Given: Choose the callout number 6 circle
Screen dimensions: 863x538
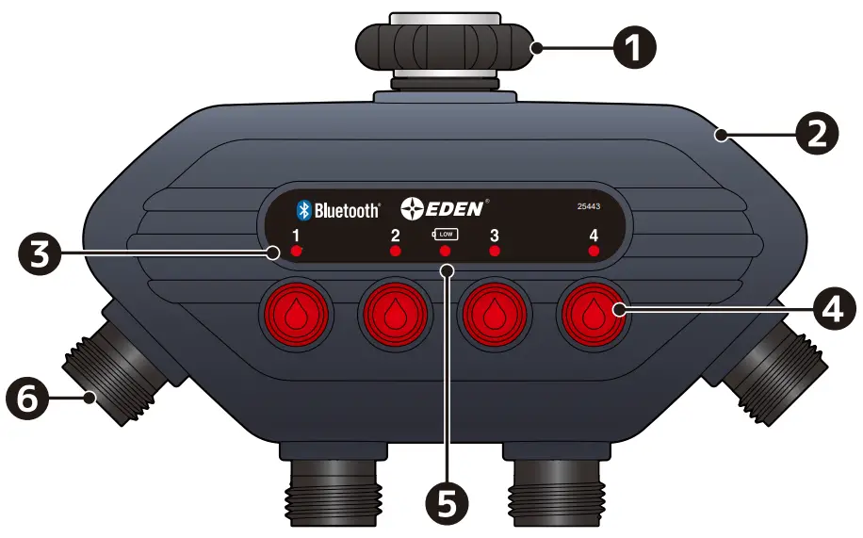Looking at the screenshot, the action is tap(29, 399).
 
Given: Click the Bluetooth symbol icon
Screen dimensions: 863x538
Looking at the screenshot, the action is tap(303, 209).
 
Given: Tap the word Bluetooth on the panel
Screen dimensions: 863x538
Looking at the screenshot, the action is tap(346, 210).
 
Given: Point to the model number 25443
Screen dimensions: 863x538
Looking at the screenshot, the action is tap(589, 207).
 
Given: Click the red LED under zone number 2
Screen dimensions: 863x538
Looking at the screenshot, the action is tap(396, 252).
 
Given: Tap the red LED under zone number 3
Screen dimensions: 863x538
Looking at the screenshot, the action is tap(495, 252).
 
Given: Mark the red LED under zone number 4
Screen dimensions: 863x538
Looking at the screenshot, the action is tap(594, 252).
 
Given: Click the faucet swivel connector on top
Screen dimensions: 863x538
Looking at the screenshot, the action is tap(444, 45).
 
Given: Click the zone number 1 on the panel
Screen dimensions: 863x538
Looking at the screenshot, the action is tap(296, 236).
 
